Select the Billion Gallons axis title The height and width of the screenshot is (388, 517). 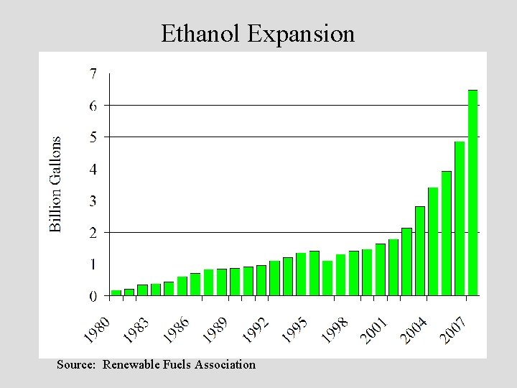(x=55, y=184)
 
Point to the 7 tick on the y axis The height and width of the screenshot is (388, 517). (x=93, y=73)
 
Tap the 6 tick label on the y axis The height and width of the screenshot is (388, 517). (x=93, y=105)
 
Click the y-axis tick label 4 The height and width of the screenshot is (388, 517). (x=93, y=169)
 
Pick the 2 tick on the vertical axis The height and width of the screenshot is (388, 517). (x=93, y=233)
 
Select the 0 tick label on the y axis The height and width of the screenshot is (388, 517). (x=93, y=296)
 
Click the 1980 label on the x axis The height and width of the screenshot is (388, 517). (x=97, y=329)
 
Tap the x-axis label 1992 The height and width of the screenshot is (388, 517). (x=256, y=329)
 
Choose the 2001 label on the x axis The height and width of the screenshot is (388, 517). (x=375, y=330)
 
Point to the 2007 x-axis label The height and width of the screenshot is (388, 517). (x=455, y=330)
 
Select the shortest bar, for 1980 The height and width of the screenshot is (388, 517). (x=116, y=292)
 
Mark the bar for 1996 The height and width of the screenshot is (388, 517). (x=327, y=278)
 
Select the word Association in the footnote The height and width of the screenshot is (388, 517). (x=223, y=364)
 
